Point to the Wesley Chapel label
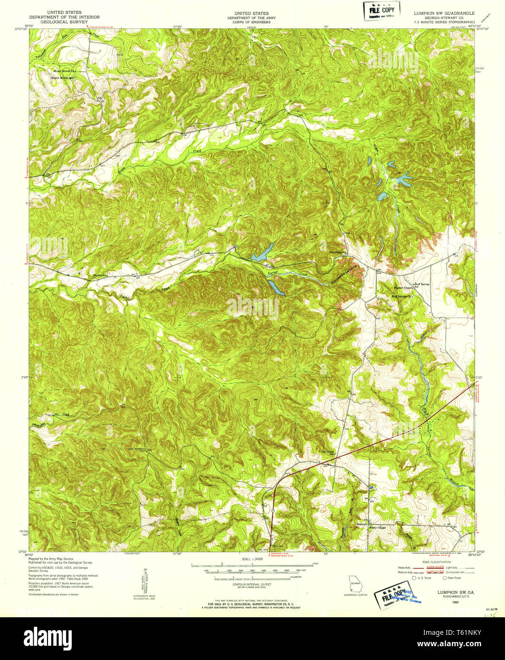click(374, 527)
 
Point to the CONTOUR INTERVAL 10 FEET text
click(252, 584)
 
